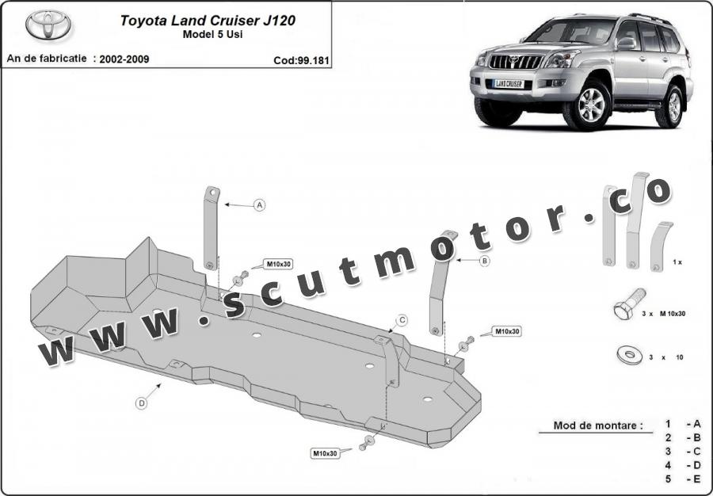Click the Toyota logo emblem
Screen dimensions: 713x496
48,25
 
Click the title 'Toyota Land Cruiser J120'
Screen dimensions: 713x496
208,21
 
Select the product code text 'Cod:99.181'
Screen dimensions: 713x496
301,60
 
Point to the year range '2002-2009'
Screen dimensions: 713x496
124,59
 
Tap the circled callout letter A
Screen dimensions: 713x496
259,205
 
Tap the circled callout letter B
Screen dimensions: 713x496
485,261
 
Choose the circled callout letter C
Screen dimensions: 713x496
402,321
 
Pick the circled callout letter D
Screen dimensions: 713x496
142,403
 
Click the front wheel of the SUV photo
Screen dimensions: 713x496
589,105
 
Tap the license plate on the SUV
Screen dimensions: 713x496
509,84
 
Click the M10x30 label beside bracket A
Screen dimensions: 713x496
278,264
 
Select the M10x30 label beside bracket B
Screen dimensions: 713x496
506,331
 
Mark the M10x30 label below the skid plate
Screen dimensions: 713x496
325,453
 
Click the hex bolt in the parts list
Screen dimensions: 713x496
628,303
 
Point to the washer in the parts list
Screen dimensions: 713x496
630,354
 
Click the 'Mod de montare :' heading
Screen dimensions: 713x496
598,426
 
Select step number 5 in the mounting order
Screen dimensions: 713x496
668,479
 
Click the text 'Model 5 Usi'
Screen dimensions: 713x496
212,35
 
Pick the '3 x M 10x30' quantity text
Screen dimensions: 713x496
663,314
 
